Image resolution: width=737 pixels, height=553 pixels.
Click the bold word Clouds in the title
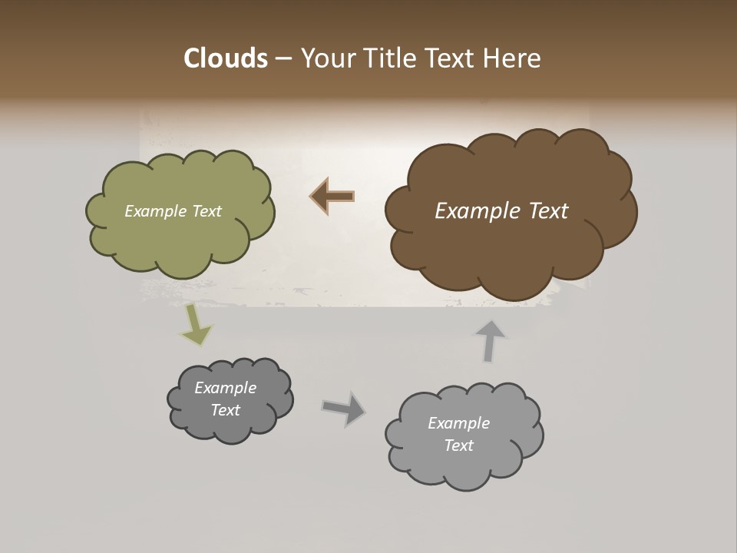(225, 58)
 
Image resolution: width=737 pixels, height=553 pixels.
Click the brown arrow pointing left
(332, 197)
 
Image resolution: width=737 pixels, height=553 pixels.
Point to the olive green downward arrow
(195, 325)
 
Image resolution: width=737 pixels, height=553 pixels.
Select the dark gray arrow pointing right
(345, 408)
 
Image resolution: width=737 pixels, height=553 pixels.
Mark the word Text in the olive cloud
(207, 211)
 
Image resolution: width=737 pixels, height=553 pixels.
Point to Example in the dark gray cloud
(225, 388)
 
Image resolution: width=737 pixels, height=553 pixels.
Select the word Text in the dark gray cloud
(225, 410)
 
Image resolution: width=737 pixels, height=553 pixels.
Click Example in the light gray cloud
(458, 423)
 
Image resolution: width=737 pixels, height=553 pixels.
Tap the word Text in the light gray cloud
(458, 445)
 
